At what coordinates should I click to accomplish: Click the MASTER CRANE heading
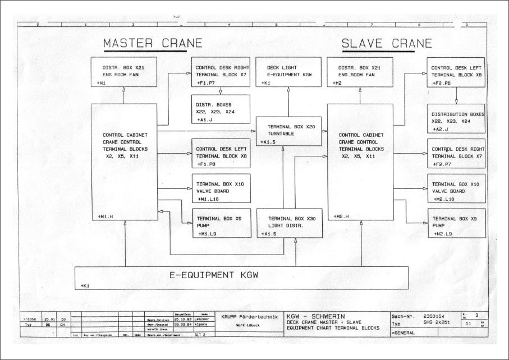pos(152,43)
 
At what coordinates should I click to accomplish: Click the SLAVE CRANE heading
pos(387,43)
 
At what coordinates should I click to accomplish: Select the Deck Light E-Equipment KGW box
pos(288,72)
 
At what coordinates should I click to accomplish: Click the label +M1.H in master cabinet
pos(105,216)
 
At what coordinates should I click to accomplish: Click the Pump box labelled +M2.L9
pos(456,223)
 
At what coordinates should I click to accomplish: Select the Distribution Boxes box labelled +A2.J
pos(456,119)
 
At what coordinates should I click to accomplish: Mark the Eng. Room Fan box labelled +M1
pos(125,72)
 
